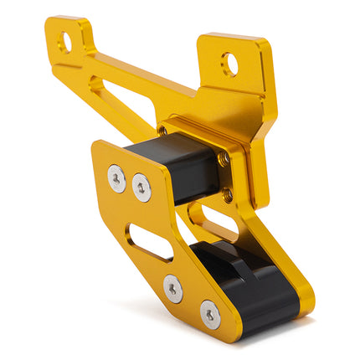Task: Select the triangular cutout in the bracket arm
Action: [x=101, y=87]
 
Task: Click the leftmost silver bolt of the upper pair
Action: [x=116, y=177]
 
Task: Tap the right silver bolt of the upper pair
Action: [x=141, y=188]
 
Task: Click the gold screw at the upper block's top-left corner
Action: [x=162, y=131]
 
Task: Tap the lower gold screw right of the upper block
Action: [x=229, y=194]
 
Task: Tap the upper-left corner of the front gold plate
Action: [x=99, y=147]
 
